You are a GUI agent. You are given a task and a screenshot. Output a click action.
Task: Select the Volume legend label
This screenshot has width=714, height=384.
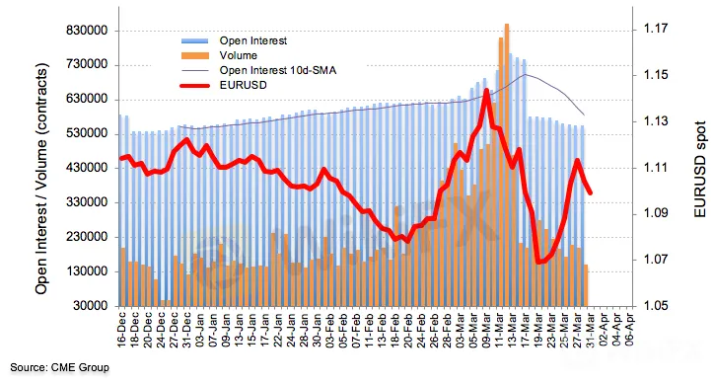[x=238, y=55]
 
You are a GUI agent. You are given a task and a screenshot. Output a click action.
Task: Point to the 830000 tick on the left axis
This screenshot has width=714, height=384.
[x=87, y=31]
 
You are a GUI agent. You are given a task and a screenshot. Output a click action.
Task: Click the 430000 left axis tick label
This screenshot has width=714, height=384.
[x=87, y=168]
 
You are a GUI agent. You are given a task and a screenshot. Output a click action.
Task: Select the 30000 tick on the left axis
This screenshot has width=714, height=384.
[x=90, y=306]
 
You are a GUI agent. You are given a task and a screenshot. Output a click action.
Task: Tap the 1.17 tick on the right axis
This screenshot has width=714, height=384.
[x=656, y=29]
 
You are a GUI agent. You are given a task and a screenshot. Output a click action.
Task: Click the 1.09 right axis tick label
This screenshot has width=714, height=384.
[x=656, y=213]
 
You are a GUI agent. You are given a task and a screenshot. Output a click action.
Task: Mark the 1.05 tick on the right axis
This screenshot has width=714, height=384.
[x=656, y=306]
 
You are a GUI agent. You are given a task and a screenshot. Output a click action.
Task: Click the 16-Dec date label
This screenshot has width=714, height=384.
[x=121, y=330]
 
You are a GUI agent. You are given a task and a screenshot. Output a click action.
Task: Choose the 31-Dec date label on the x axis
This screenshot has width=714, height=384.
[x=186, y=330]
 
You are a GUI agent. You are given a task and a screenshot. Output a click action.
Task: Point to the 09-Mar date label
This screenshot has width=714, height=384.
[x=486, y=330]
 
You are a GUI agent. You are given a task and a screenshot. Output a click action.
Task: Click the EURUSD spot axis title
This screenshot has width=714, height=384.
[x=699, y=169]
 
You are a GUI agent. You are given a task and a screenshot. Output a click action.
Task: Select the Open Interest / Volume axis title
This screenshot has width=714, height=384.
[x=41, y=179]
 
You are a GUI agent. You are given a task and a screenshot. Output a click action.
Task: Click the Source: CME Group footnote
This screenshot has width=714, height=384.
[x=59, y=367]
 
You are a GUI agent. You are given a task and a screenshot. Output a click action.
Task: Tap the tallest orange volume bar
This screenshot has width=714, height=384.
[x=507, y=164]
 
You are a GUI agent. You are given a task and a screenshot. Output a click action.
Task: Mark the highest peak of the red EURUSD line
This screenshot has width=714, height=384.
[x=486, y=90]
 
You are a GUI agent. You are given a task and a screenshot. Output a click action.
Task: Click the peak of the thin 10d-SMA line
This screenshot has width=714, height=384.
[x=525, y=74]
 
